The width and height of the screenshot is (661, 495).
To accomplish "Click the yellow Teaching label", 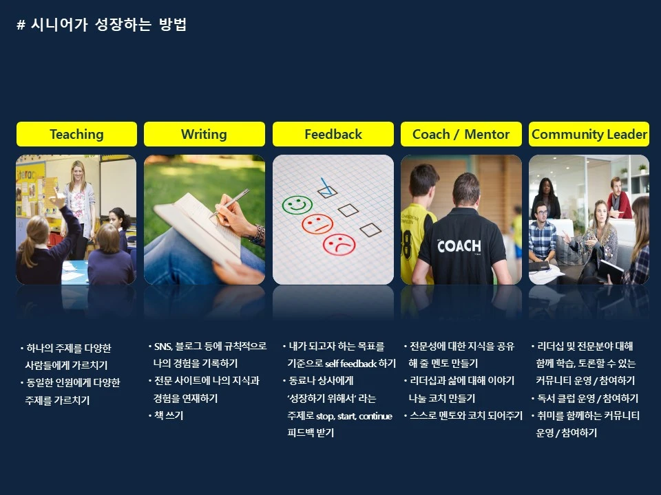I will pyautogui.click(x=76, y=134).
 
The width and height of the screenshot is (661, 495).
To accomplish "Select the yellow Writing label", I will pyautogui.click(x=204, y=134).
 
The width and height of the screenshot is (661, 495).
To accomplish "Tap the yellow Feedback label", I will pyautogui.click(x=333, y=134).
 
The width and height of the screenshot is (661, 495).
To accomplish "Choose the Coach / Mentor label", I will pyautogui.click(x=461, y=134).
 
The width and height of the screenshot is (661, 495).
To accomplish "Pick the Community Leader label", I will pyautogui.click(x=589, y=134).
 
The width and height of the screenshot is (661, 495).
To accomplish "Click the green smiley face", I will pyautogui.click(x=297, y=204).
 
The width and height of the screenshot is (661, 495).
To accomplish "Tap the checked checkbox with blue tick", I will pyautogui.click(x=327, y=186).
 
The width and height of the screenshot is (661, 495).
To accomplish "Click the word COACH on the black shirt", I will pyautogui.click(x=459, y=245).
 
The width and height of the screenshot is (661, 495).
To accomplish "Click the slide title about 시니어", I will pyautogui.click(x=101, y=25).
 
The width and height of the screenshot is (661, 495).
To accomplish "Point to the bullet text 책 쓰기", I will pyautogui.click(x=168, y=415).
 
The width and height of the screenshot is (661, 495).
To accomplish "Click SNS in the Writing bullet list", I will pyautogui.click(x=162, y=346).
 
